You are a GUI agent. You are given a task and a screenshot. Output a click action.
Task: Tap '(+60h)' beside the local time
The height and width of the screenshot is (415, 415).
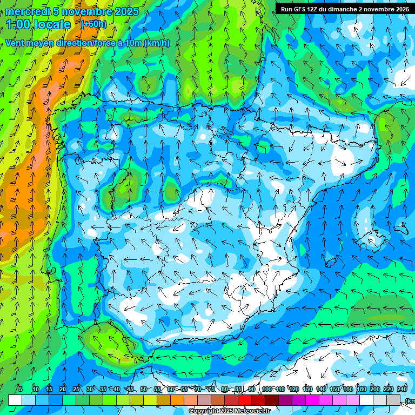pyautogui.click(x=93, y=24)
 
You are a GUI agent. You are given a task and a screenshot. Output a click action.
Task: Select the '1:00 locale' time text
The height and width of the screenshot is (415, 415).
pyautogui.click(x=38, y=24)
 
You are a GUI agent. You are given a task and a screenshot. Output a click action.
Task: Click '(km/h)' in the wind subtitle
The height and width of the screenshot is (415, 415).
pyautogui.click(x=157, y=43)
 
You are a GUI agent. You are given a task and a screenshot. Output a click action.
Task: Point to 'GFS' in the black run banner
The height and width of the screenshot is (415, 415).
pyautogui.click(x=302, y=9)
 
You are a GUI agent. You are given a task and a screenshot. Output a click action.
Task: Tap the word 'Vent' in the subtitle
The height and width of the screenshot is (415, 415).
pyautogui.click(x=16, y=43)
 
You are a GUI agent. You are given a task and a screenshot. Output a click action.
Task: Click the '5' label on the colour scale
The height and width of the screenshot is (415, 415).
pyautogui.click(x=21, y=390)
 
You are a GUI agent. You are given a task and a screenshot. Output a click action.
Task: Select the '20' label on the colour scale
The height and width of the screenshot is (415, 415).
pyautogui.click(x=63, y=390)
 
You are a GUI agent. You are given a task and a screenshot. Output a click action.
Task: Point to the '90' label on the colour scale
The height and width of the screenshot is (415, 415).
pyautogui.click(x=252, y=390)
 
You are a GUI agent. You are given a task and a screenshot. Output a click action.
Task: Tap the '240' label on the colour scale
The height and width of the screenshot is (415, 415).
pyautogui.click(x=402, y=390)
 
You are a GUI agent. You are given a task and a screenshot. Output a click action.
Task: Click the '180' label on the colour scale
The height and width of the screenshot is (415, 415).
pyautogui.click(x=361, y=390)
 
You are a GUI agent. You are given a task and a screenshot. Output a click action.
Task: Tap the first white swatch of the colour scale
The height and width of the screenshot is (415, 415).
pyautogui.click(x=15, y=400)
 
